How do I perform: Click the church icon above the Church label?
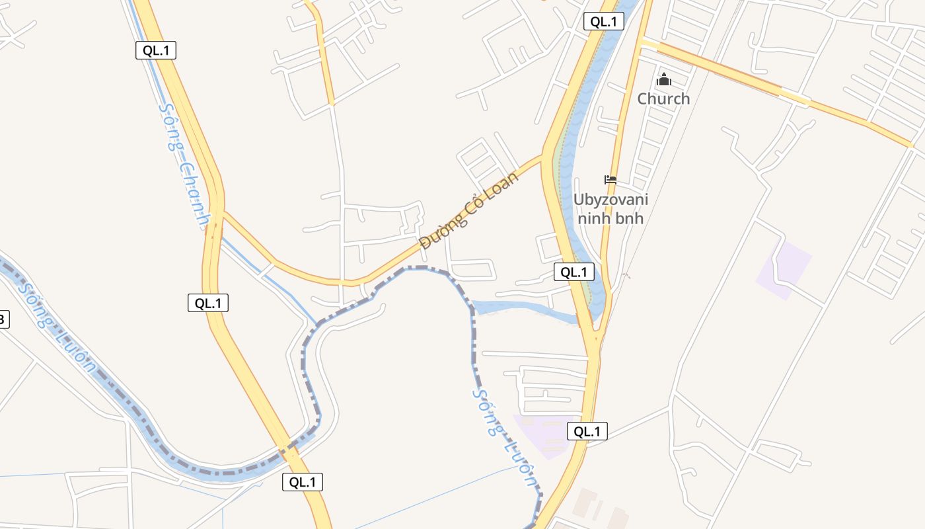point(663,81)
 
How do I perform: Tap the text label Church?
point(663,99)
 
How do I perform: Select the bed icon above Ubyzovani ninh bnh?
point(610,180)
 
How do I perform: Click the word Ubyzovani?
point(610,200)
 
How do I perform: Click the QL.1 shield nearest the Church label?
point(604,21)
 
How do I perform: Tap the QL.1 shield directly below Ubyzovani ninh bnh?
point(573,272)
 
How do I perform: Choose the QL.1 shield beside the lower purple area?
point(587,432)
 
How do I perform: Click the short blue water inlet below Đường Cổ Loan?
point(522,308)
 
